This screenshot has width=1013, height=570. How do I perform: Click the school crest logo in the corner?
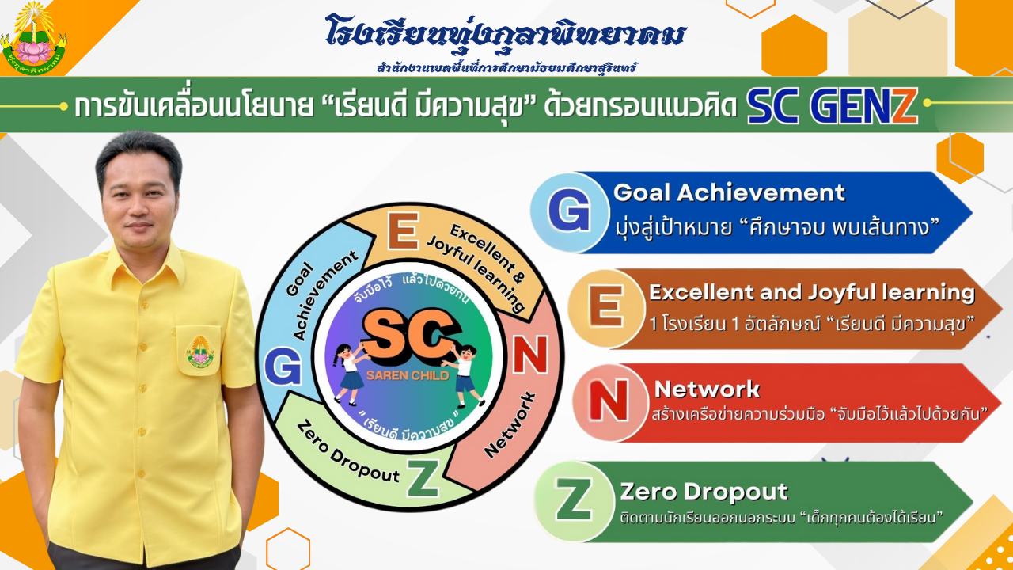pos(34,39)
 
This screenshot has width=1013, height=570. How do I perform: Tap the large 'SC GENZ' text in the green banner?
pos(832,106)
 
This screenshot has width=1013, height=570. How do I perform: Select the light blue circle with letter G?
pos(569,211)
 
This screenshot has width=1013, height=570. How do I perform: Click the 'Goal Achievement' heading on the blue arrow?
pos(729,192)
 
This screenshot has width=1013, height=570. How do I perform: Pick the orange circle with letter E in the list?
pos(606,309)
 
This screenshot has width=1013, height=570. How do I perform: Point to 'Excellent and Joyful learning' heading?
pos(812,293)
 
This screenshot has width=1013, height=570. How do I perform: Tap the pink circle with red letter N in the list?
pos(610,402)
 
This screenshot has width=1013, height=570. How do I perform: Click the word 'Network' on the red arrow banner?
pos(707,389)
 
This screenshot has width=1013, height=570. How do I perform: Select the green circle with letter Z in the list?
pos(574,501)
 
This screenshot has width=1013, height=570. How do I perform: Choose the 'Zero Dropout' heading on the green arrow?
pos(704,492)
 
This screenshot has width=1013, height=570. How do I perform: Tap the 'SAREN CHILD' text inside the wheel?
pos(408,375)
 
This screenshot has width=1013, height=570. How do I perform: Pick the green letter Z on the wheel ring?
pos(423,477)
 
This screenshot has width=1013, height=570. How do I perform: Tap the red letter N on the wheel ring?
pos(530,355)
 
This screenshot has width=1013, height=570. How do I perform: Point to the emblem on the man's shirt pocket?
pos(200,351)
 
